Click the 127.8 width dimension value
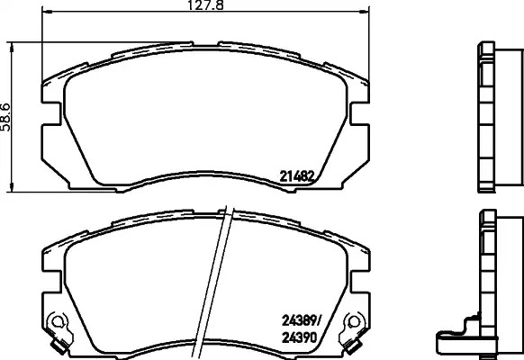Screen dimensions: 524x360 (x=205, y=5)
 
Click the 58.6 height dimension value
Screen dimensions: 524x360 (x=5, y=117)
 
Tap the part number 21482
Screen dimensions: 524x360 (x=296, y=176)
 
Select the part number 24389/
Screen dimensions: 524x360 (x=301, y=321)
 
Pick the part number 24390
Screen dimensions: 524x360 (x=299, y=338)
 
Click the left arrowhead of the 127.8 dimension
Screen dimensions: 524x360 (x=48, y=12)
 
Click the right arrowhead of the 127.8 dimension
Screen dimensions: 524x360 (x=364, y=12)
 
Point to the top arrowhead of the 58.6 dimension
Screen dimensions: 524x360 (x=12, y=48)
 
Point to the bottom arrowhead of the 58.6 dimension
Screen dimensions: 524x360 (x=12, y=187)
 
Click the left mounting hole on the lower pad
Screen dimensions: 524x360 (x=56, y=321)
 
